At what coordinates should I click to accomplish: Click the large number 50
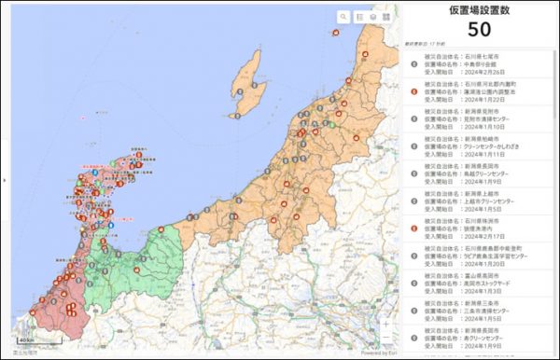coord(479,29)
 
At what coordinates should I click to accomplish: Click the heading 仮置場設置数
coord(479,10)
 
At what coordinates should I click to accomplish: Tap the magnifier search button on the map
coord(343,17)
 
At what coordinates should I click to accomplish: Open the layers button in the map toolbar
coord(371,17)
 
